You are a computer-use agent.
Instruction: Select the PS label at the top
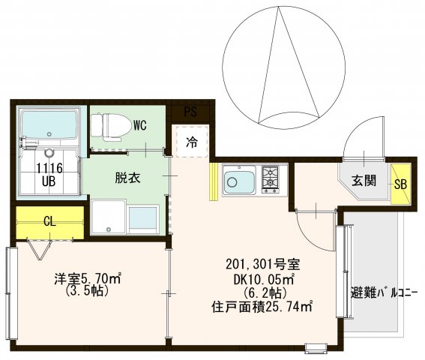[190, 112]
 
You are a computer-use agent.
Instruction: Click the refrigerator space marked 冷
[191, 142]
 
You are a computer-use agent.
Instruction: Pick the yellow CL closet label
[49, 220]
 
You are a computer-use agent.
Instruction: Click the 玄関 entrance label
[365, 180]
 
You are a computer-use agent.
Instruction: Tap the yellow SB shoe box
[400, 183]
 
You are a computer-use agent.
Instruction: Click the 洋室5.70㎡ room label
[87, 279]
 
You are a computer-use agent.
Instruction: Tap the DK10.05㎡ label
[262, 278]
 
